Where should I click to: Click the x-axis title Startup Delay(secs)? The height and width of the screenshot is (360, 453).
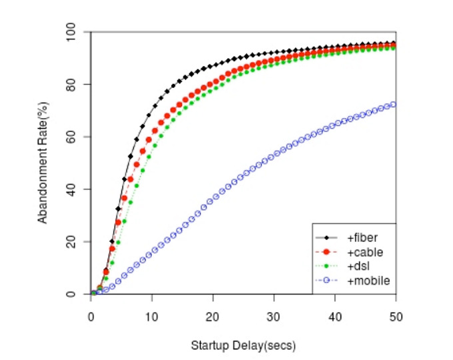[243, 346]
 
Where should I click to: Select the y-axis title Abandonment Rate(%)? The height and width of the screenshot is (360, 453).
[42, 163]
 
